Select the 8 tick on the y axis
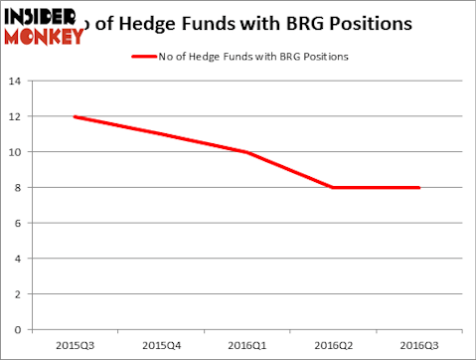pos(18,188)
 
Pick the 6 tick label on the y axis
pos(18,223)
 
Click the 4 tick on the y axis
pos(18,259)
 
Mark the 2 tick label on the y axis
pos(18,293)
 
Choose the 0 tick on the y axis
pos(18,329)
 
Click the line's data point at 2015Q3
pos(75,117)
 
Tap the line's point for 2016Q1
pos(247,152)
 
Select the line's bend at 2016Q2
pos(334,188)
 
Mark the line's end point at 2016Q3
pos(419,188)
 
